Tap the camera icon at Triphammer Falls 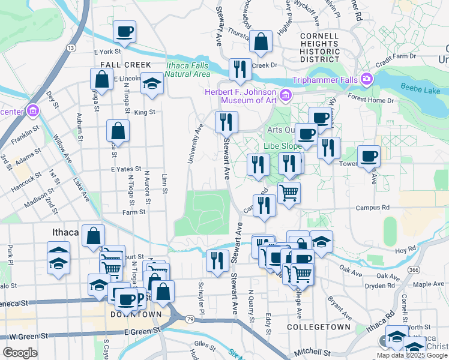366,79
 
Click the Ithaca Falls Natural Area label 188,70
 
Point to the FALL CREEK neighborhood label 122,64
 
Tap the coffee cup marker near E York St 124,31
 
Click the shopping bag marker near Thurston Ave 261,42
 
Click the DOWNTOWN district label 136,314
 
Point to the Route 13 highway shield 71,47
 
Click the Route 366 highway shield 414,270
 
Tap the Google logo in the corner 20,352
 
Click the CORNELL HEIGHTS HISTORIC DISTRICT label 319,44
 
